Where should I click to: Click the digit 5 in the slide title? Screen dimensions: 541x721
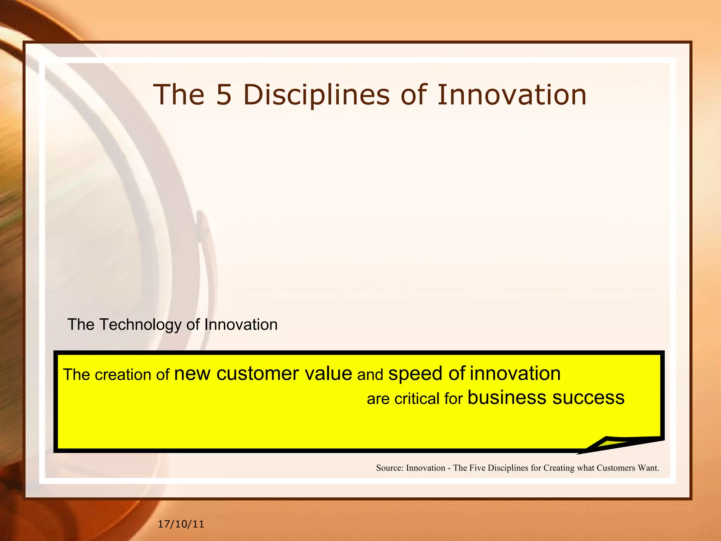[x=224, y=95]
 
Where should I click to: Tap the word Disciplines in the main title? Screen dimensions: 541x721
[x=316, y=95]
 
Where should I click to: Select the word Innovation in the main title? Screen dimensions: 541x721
[x=512, y=95]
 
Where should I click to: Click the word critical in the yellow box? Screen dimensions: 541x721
[x=417, y=399]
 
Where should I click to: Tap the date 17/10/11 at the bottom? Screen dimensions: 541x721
[x=181, y=524]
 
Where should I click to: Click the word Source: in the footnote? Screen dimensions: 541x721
[x=389, y=468]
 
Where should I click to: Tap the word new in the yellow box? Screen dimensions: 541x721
[x=192, y=374]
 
